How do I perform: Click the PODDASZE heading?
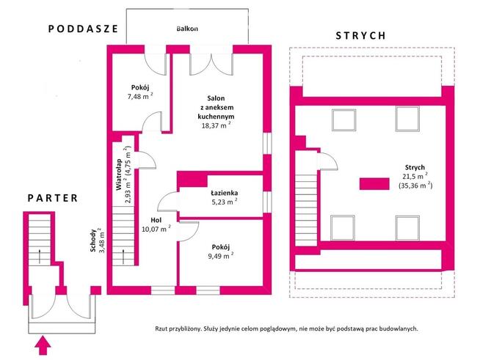83,29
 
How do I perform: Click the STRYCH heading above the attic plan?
360,36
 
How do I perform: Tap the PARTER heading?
53,198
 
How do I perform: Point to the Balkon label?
187,29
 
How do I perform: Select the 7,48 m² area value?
140,96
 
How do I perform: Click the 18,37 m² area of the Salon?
216,125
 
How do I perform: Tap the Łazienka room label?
225,193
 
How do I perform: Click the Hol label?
156,220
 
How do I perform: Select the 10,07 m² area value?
156,229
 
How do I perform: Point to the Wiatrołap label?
119,175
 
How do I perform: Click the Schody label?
94,240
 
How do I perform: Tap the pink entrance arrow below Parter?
43,345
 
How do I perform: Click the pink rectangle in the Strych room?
374,184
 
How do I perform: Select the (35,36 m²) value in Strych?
415,185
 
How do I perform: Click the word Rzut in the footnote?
161,329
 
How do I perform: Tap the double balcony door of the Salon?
211,64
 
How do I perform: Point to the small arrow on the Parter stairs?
40,257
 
